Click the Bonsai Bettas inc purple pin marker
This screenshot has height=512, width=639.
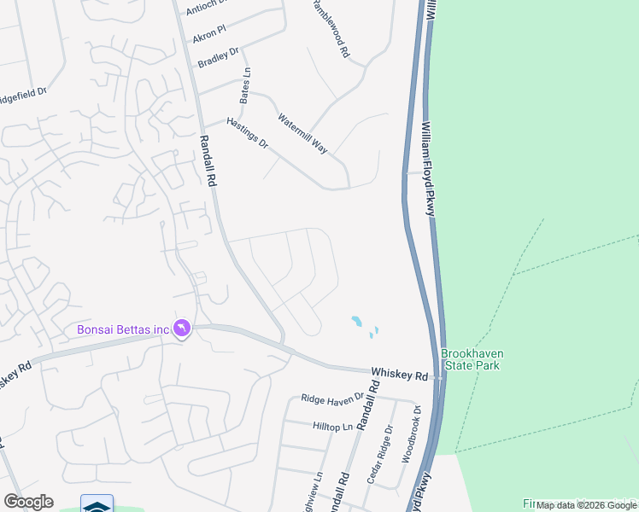(x=181, y=329)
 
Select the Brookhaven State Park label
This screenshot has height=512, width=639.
(x=470, y=359)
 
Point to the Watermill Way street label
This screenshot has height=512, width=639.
(x=302, y=131)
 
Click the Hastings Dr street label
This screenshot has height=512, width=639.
(x=248, y=134)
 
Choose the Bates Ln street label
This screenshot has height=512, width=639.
(x=246, y=85)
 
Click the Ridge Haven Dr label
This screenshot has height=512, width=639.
(x=332, y=399)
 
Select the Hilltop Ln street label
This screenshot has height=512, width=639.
(x=332, y=425)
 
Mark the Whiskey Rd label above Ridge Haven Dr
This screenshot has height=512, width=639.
(x=399, y=375)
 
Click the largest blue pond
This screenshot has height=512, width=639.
(x=356, y=322)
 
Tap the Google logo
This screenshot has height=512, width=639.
(x=28, y=502)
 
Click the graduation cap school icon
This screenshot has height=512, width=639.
(x=97, y=505)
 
